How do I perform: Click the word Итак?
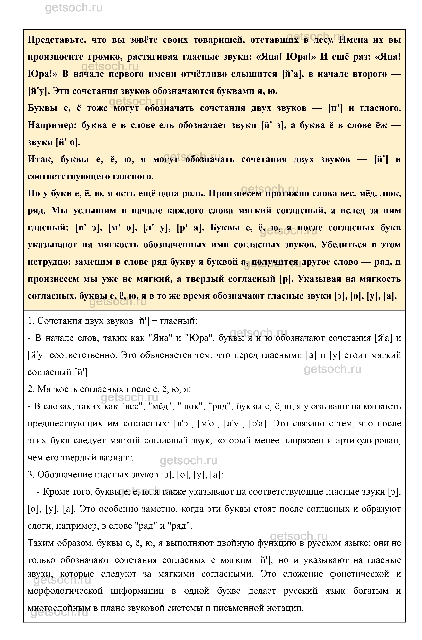tap(40, 160)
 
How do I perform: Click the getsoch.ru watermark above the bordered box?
tap(74, 8)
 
